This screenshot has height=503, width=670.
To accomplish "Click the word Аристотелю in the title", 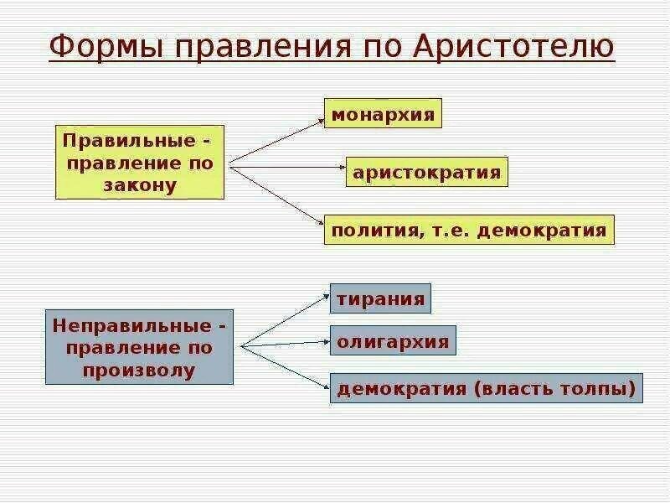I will click(x=514, y=47).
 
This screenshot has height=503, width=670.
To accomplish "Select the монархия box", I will click(x=384, y=114).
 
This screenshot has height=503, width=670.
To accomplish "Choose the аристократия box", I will click(x=427, y=173).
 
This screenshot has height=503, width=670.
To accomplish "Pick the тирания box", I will click(x=381, y=299).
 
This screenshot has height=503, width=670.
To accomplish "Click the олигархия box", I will click(x=393, y=341).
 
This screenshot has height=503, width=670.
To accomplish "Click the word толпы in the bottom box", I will click(x=600, y=388).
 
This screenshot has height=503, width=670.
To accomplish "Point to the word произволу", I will click(x=140, y=370).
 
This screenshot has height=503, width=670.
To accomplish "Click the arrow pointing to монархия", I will click(x=276, y=140).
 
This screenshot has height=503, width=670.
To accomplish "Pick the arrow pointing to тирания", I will click(x=284, y=319).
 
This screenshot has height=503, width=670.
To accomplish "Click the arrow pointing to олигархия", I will click(x=284, y=343).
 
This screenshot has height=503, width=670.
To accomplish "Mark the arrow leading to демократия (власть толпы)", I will click(x=284, y=366).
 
